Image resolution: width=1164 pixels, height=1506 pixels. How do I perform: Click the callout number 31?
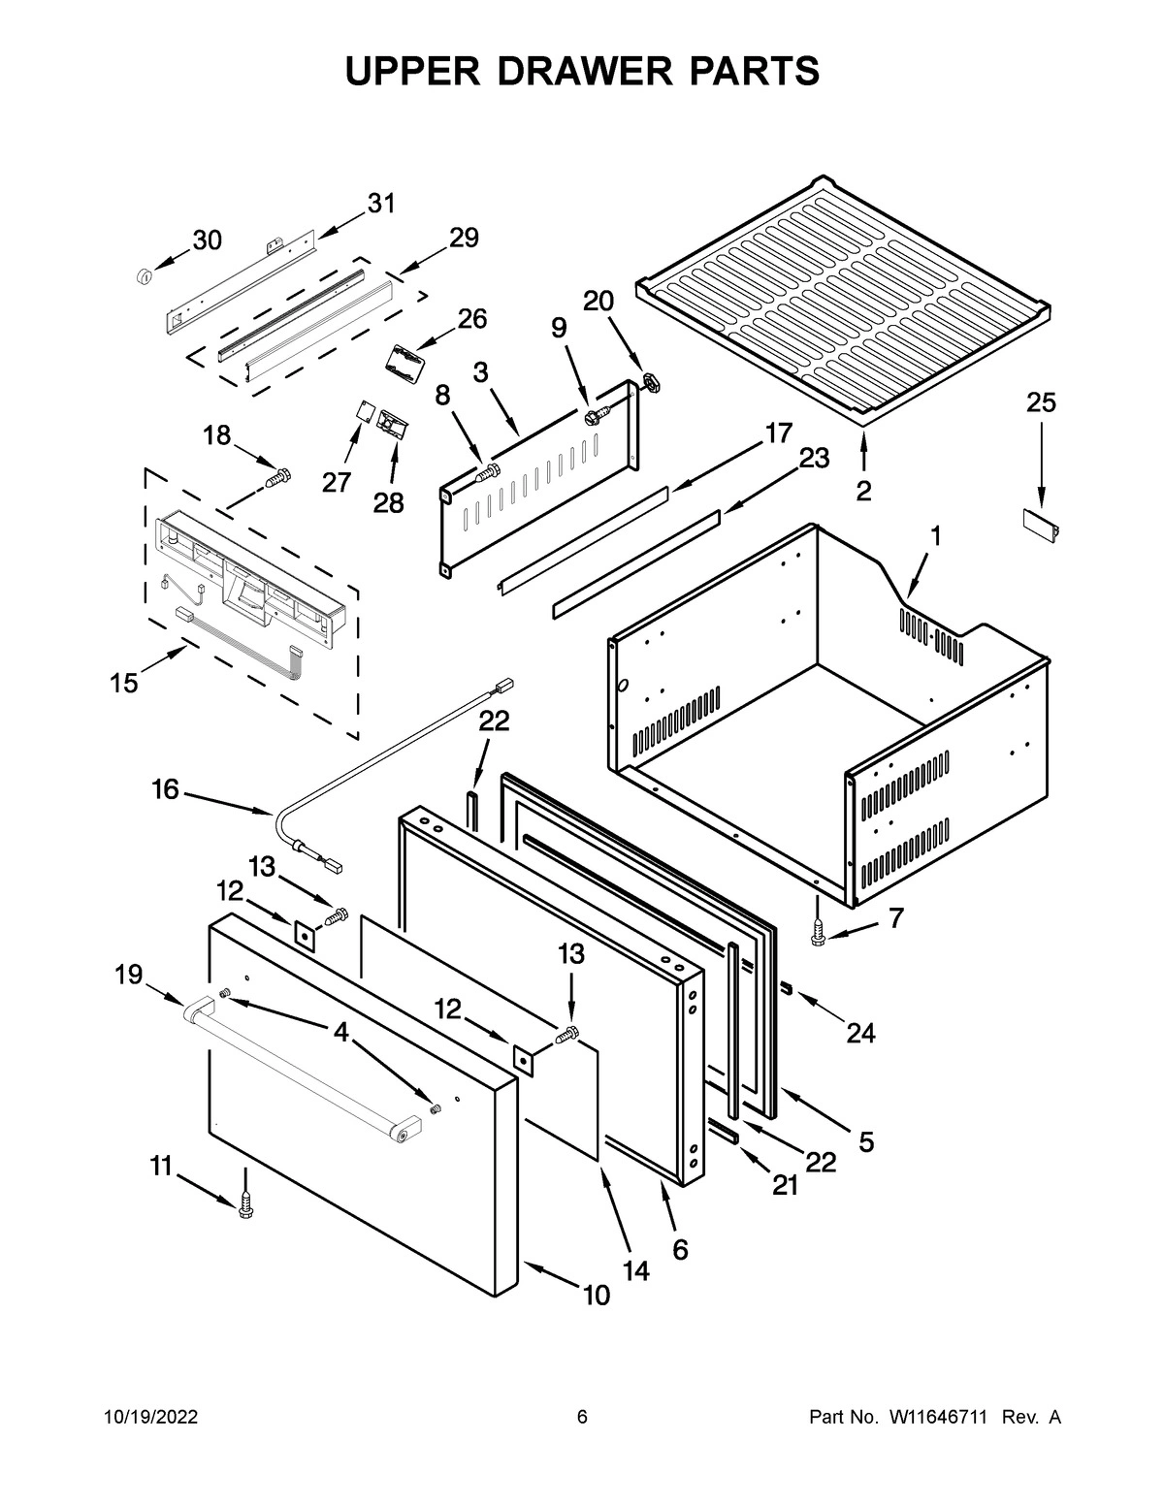pos(381,204)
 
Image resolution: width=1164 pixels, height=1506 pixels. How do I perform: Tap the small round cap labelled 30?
pos(145,277)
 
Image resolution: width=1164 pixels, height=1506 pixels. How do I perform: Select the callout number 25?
pos(1041,402)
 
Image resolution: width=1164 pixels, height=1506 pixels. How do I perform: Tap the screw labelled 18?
pos(279,477)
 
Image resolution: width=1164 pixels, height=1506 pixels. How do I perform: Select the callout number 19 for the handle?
pos(129,974)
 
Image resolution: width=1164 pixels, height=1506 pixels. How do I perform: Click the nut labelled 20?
pos(652,381)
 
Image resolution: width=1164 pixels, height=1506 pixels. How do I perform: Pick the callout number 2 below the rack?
pos(863,490)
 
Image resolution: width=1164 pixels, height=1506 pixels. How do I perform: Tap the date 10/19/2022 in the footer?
pos(150,1418)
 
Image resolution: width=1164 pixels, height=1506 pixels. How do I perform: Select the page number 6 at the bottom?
pos(582,1418)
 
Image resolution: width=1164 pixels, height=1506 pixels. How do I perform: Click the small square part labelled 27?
pos(363,412)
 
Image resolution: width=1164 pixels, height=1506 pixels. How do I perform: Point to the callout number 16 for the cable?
pos(165,790)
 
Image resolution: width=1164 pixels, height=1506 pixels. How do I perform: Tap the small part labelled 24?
pos(787,987)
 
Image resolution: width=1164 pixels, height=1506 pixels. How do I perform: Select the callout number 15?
pos(123,683)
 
